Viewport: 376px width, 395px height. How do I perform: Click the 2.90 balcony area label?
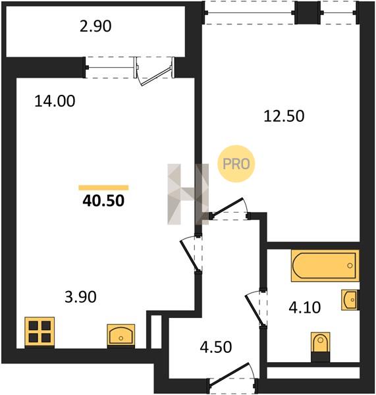(x=95, y=26)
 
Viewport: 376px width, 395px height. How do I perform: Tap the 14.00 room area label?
(x=55, y=101)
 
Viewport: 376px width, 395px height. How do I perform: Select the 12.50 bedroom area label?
(x=284, y=116)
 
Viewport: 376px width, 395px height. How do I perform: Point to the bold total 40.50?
(x=103, y=201)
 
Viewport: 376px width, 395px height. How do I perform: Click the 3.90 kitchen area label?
(x=80, y=297)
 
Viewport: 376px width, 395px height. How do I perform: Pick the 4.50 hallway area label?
(x=216, y=347)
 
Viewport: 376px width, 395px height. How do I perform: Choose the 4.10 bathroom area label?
(x=305, y=307)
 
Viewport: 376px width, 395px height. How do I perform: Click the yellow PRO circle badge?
(x=236, y=164)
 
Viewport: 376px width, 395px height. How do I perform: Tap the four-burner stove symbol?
(x=40, y=332)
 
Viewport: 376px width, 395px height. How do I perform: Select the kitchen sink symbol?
(x=121, y=336)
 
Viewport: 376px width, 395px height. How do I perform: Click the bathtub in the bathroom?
(x=325, y=265)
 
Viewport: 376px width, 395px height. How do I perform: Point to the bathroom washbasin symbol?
(x=350, y=300)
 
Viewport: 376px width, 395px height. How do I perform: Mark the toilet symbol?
(x=320, y=347)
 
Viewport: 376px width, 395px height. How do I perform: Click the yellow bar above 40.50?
(x=103, y=188)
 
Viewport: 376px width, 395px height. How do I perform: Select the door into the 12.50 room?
(x=228, y=208)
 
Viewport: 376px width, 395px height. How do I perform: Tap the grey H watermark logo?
(x=188, y=194)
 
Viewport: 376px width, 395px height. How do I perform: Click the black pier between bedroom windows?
(x=308, y=13)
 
